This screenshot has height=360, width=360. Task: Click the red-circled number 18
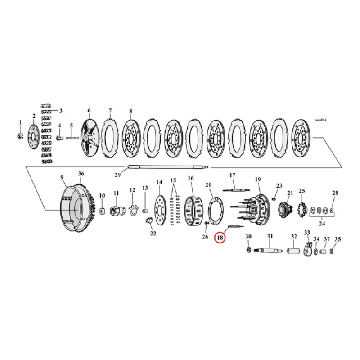pyautogui.click(x=220, y=237)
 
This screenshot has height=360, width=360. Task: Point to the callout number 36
pyautogui.click(x=81, y=174)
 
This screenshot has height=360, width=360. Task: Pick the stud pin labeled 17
pyautogui.click(x=233, y=190)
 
